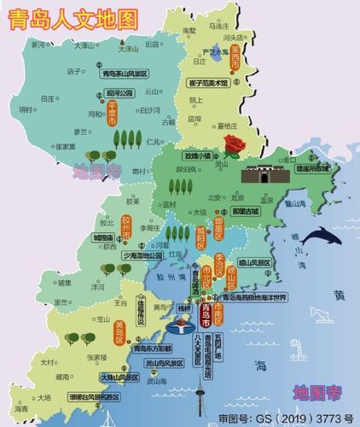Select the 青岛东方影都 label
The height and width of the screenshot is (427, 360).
click(154, 348)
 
